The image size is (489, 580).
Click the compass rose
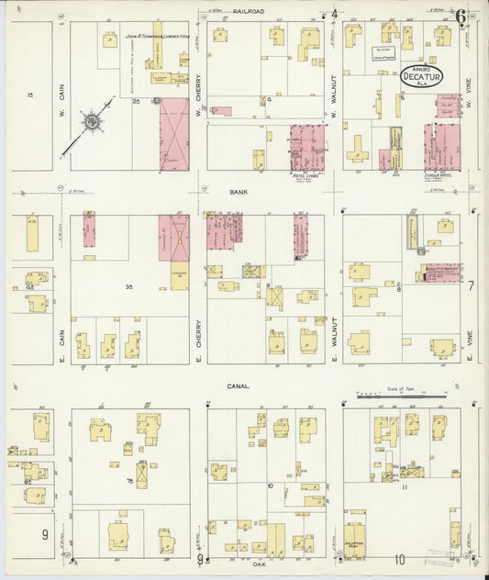pyautogui.click(x=91, y=121)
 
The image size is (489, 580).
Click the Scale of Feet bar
pyautogui.click(x=401, y=395)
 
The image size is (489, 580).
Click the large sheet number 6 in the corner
pyautogui.click(x=459, y=15)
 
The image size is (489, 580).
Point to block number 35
pyautogui.click(x=129, y=287)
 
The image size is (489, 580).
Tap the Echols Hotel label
pyautogui.click(x=440, y=174)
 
